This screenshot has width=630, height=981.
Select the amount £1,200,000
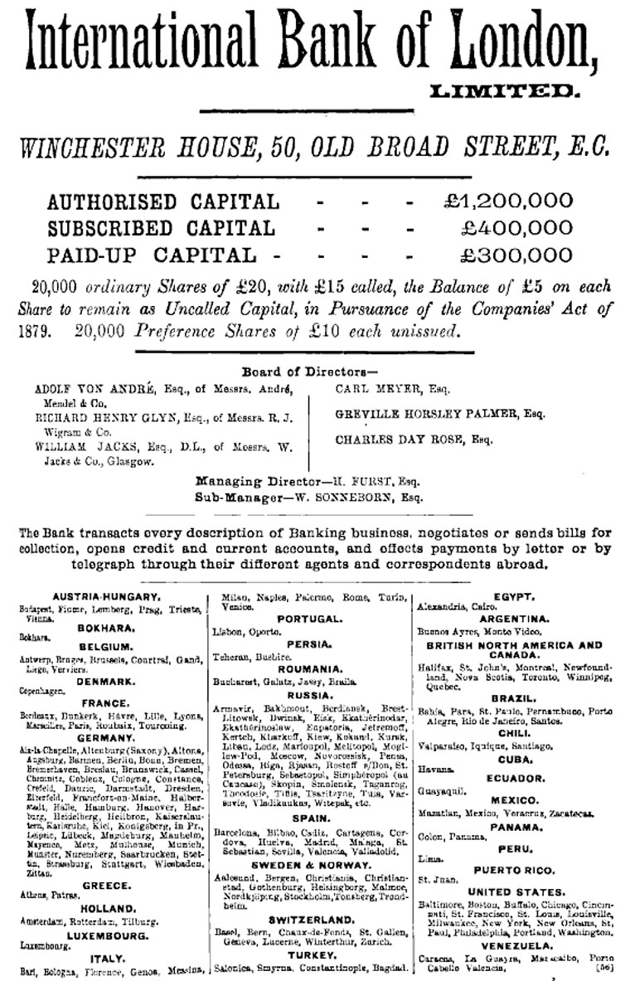(508, 201)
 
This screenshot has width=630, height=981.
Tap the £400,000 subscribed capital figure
(516, 228)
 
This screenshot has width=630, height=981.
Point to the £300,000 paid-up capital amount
(516, 255)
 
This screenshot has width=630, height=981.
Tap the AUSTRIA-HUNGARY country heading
(105, 596)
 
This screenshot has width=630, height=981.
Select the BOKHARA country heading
(105, 628)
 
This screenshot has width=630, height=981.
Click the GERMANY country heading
(105, 737)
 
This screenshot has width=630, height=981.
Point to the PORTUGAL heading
(309, 619)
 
